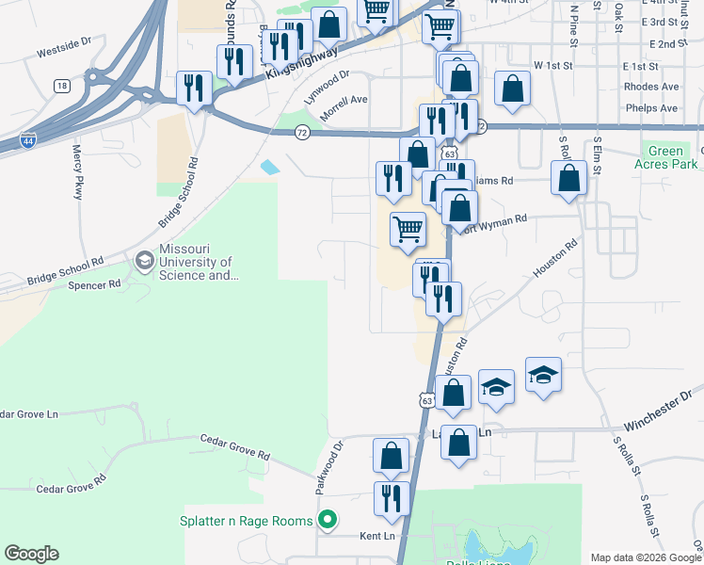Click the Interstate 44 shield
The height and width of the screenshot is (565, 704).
click(x=28, y=142)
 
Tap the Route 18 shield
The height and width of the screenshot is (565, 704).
click(x=62, y=86)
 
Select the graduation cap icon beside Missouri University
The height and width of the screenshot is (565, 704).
click(x=144, y=259)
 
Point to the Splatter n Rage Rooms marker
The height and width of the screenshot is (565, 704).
click(x=328, y=519)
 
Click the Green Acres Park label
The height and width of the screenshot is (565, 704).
click(x=666, y=158)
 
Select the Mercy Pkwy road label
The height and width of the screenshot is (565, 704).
click(x=78, y=170)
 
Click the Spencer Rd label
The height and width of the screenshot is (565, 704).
click(x=101, y=283)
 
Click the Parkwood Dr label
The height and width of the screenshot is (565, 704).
click(x=325, y=470)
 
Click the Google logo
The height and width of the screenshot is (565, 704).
click(x=31, y=554)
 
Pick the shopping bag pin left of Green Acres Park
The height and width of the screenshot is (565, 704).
click(x=569, y=178)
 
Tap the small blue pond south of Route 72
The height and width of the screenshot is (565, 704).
click(x=270, y=168)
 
